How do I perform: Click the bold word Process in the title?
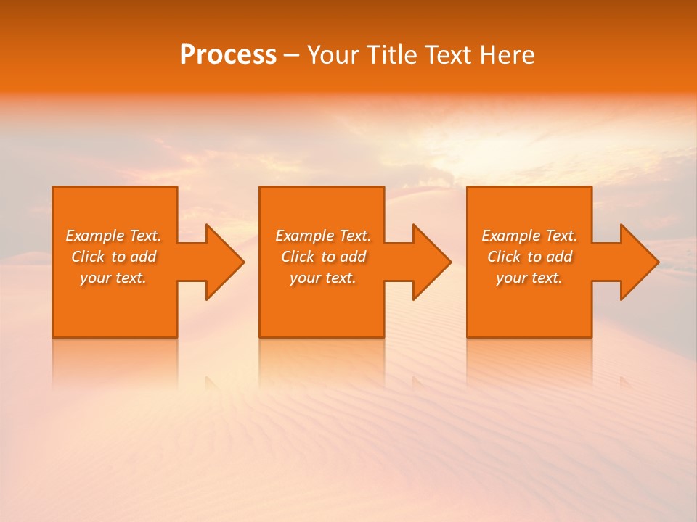[x=228, y=55]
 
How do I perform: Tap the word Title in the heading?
[x=391, y=55]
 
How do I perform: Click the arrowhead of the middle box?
[x=431, y=262]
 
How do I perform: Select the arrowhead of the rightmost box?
[x=638, y=262]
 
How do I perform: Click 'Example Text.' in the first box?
[x=113, y=236]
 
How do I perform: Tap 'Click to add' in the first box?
[x=113, y=257]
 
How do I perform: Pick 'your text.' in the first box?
[x=113, y=278]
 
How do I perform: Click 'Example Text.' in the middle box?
[x=323, y=236]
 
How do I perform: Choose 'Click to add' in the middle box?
[x=323, y=257]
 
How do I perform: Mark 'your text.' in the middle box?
[x=323, y=278]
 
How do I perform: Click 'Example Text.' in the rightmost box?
[x=529, y=236]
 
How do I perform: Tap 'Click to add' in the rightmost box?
[x=529, y=257]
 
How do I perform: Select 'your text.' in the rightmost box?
[x=529, y=278]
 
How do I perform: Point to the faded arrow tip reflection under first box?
[x=211, y=381]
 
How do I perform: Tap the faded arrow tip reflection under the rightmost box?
[x=625, y=381]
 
